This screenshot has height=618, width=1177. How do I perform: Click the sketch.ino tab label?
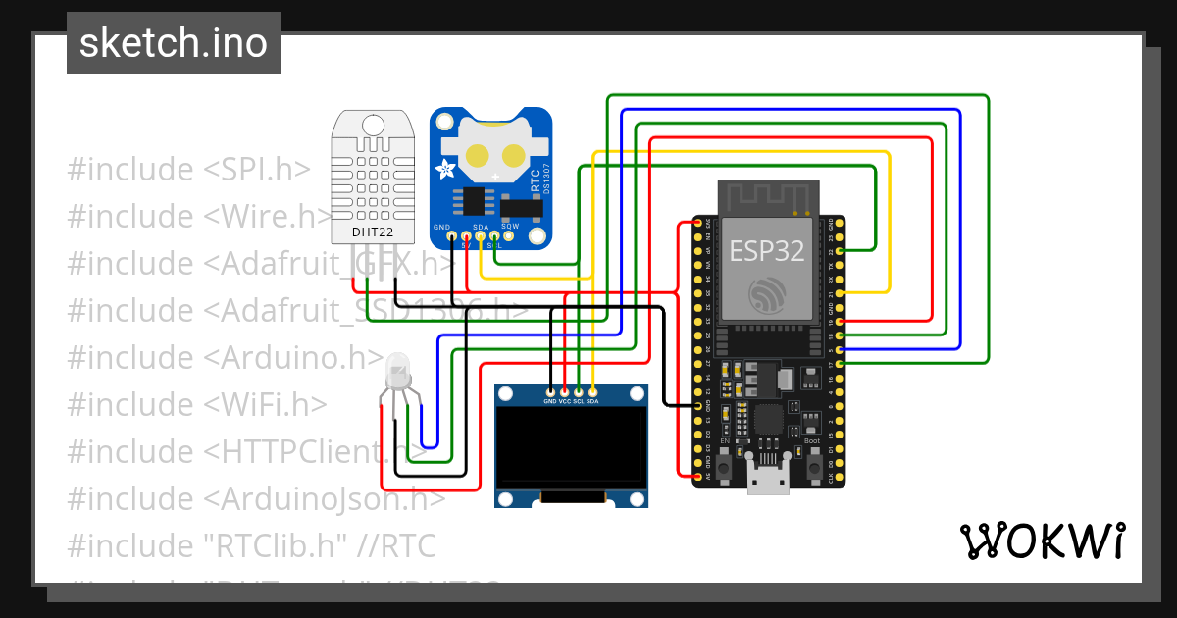pyautogui.click(x=174, y=43)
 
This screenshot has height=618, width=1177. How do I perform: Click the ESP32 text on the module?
pyautogui.click(x=767, y=250)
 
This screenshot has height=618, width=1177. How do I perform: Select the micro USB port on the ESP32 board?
pyautogui.click(x=768, y=481)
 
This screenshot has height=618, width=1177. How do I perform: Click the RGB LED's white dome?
pyautogui.click(x=399, y=371)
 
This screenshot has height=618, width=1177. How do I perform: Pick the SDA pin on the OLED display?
pyautogui.click(x=592, y=392)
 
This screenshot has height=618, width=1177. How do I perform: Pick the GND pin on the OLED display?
pyautogui.click(x=550, y=392)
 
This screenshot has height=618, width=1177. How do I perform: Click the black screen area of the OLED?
pyautogui.click(x=571, y=447)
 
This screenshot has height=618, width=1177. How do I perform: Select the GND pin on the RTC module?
pyautogui.click(x=450, y=235)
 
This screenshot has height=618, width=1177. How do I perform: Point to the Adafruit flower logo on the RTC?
pyautogui.click(x=446, y=168)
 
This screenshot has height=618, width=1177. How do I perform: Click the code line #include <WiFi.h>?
pyautogui.click(x=196, y=404)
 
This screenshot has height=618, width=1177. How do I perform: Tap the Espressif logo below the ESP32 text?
pyautogui.click(x=767, y=294)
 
